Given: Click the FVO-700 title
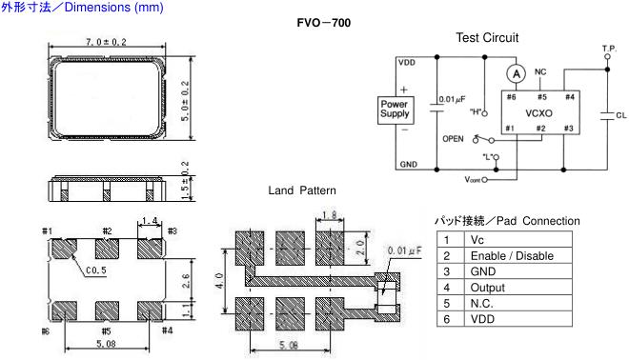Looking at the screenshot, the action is (x=324, y=23).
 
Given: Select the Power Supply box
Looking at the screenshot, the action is (x=396, y=110).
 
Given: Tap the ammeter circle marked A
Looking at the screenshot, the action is (x=517, y=73).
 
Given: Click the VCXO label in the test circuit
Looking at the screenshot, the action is (x=538, y=113).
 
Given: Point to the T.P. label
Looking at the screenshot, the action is (x=609, y=49).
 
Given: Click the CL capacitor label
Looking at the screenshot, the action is (x=621, y=115).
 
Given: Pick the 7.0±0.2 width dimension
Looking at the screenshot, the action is (x=106, y=42).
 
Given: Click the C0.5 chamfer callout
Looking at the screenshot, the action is (x=96, y=270).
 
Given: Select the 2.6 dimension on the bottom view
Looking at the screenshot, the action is (x=186, y=281).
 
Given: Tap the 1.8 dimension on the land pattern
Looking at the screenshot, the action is (x=330, y=215).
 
